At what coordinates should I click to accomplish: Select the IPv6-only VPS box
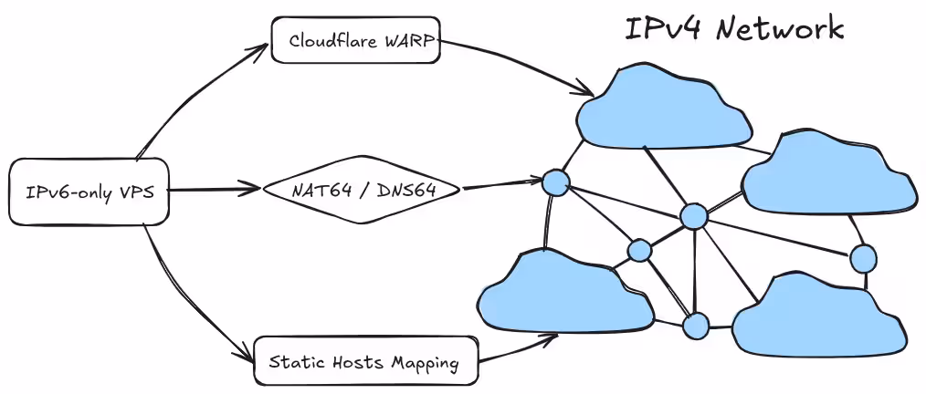pos(89,192)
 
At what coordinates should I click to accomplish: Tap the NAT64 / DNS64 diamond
pos(361,190)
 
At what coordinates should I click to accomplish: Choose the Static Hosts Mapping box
pos(365,360)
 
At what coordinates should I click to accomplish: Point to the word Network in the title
pos(780,28)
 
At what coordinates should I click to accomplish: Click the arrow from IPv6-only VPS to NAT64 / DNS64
pos(215,190)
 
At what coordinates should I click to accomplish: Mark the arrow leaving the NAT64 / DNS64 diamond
pos(502,182)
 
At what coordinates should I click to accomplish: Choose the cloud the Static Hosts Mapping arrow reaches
pos(566,292)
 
